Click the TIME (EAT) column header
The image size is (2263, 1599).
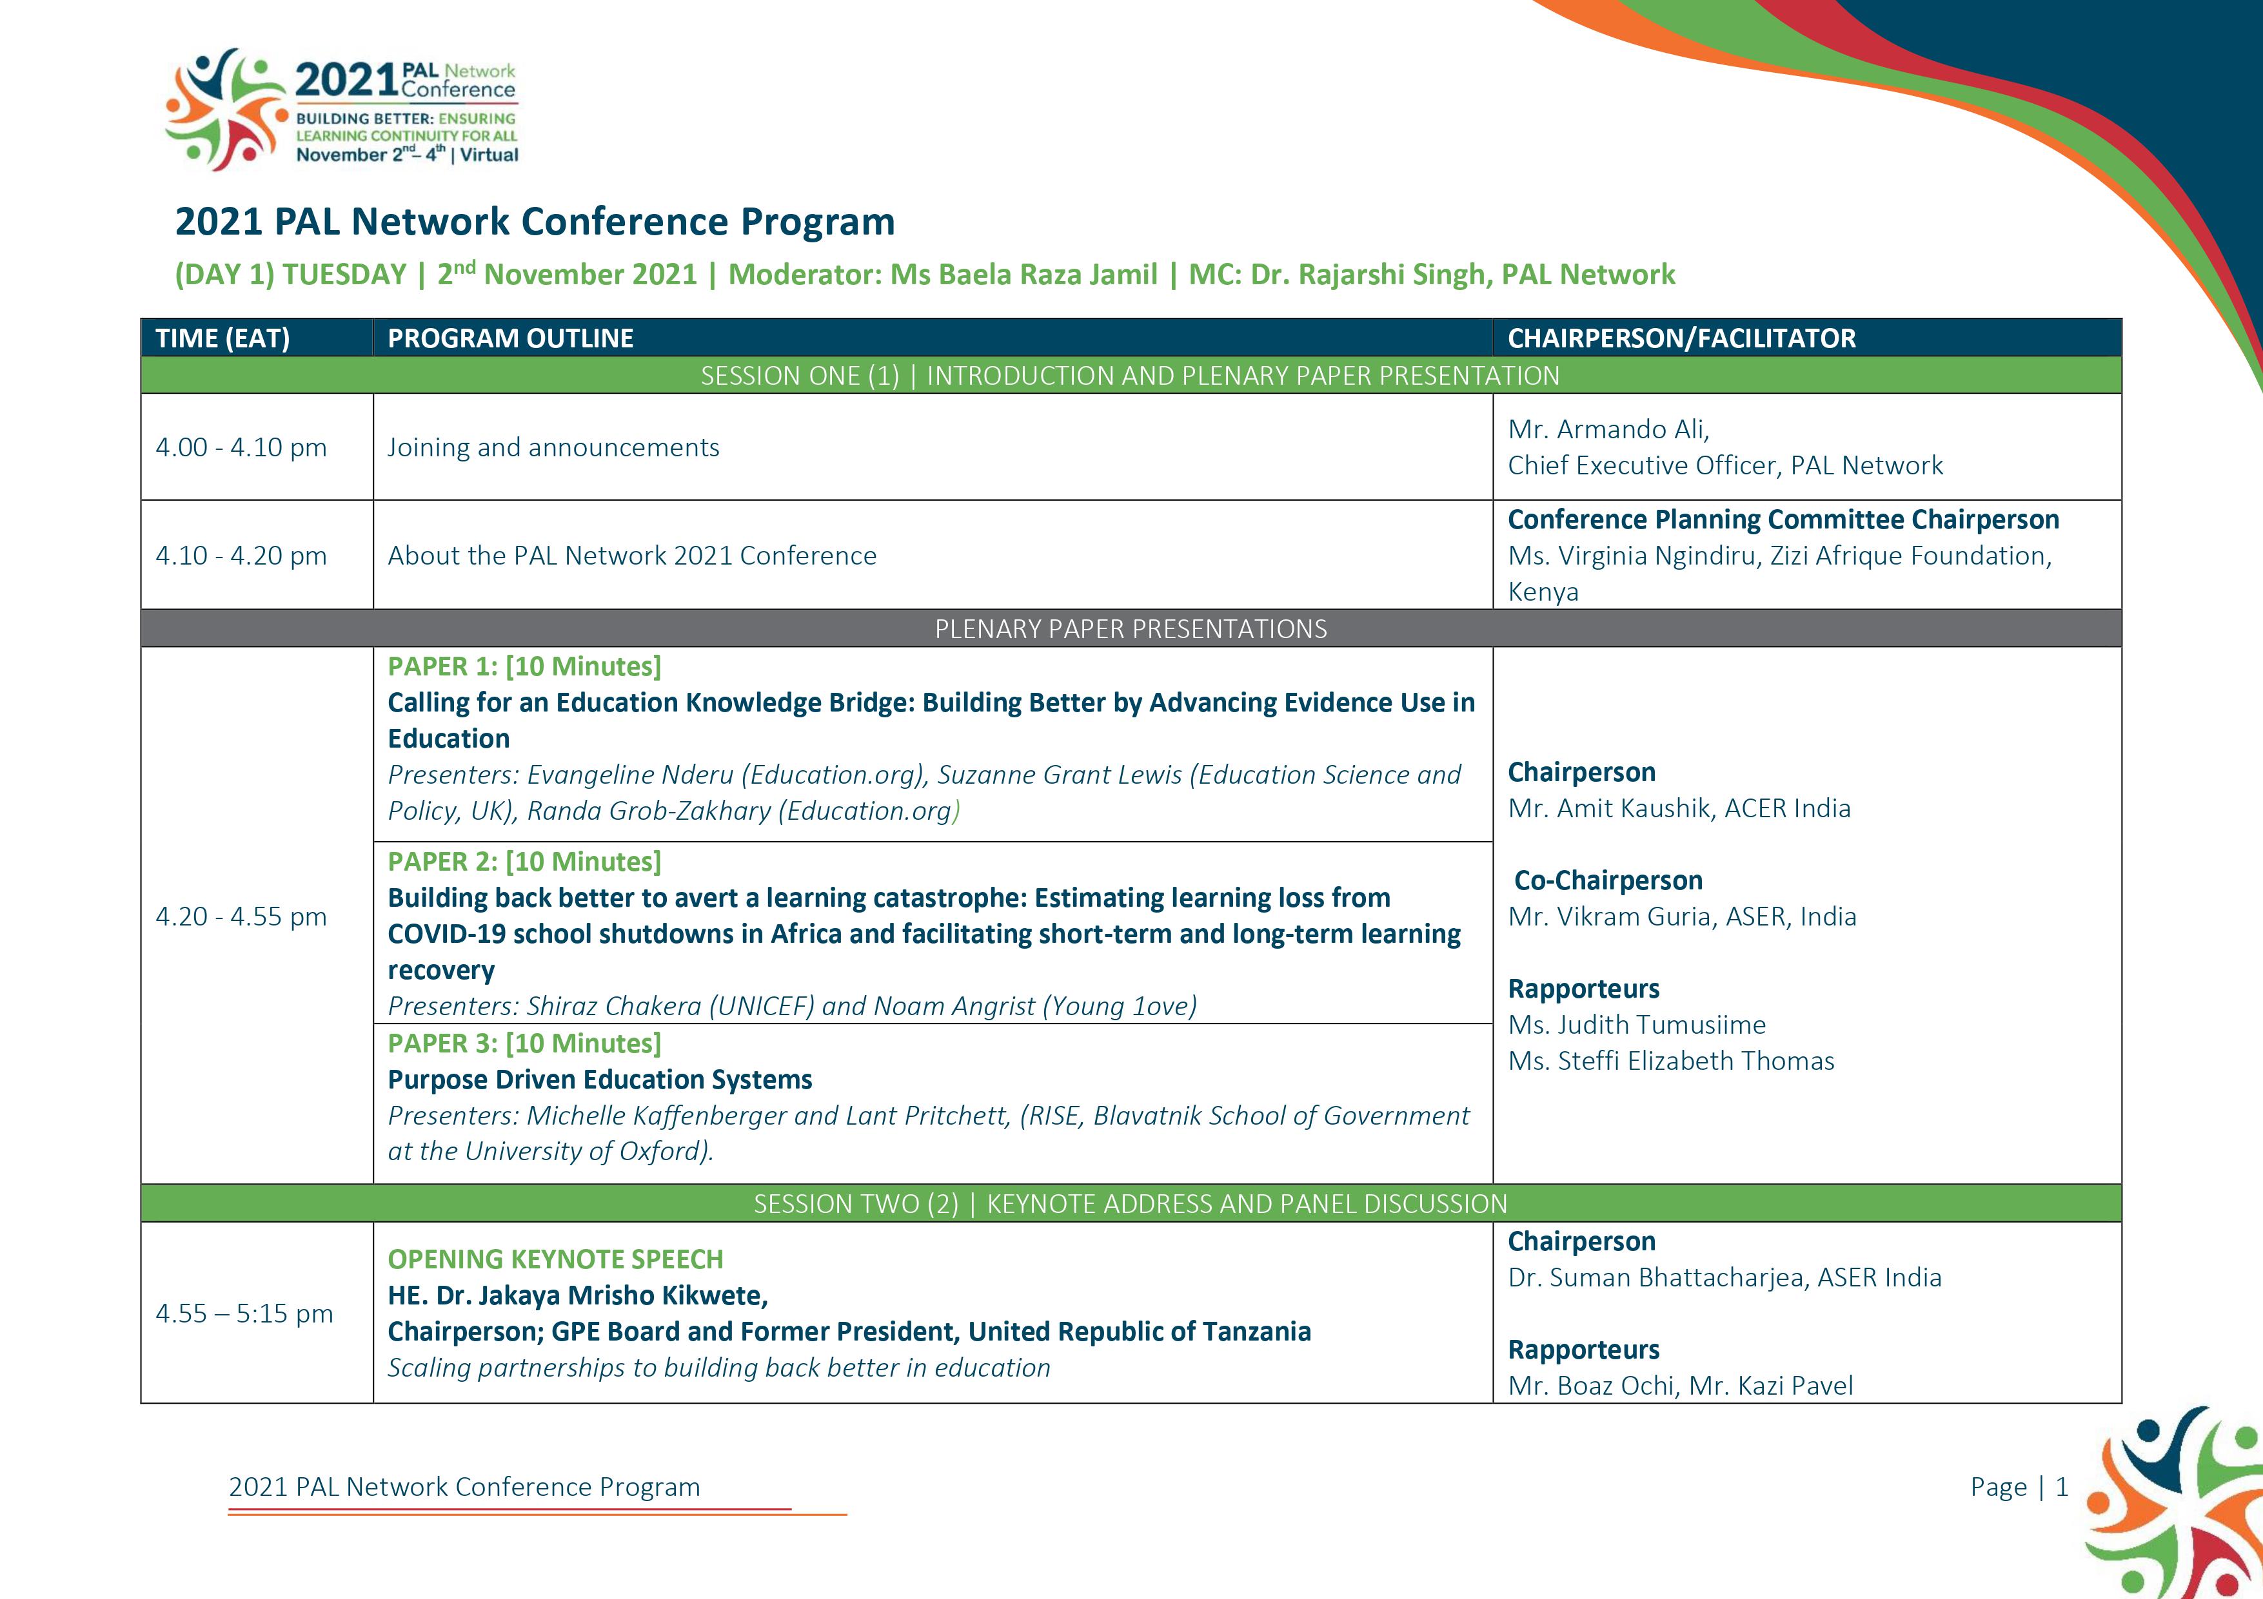click(x=222, y=338)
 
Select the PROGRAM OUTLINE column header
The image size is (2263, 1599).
click(x=511, y=338)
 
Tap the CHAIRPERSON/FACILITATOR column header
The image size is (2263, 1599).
click(x=1681, y=338)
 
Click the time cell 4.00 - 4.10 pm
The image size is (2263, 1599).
click(x=241, y=447)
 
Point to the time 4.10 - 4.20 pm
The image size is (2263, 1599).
click(x=241, y=556)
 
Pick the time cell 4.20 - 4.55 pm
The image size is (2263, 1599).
click(x=241, y=916)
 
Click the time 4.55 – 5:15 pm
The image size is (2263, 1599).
click(x=244, y=1313)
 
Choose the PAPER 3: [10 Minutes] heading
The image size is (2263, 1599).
click(x=524, y=1043)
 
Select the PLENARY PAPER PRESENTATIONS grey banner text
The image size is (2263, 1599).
click(x=1131, y=628)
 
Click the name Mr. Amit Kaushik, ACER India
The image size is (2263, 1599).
click(x=1679, y=808)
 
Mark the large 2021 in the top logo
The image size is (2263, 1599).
click(x=348, y=80)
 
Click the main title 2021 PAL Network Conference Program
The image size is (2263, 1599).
click(x=535, y=222)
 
